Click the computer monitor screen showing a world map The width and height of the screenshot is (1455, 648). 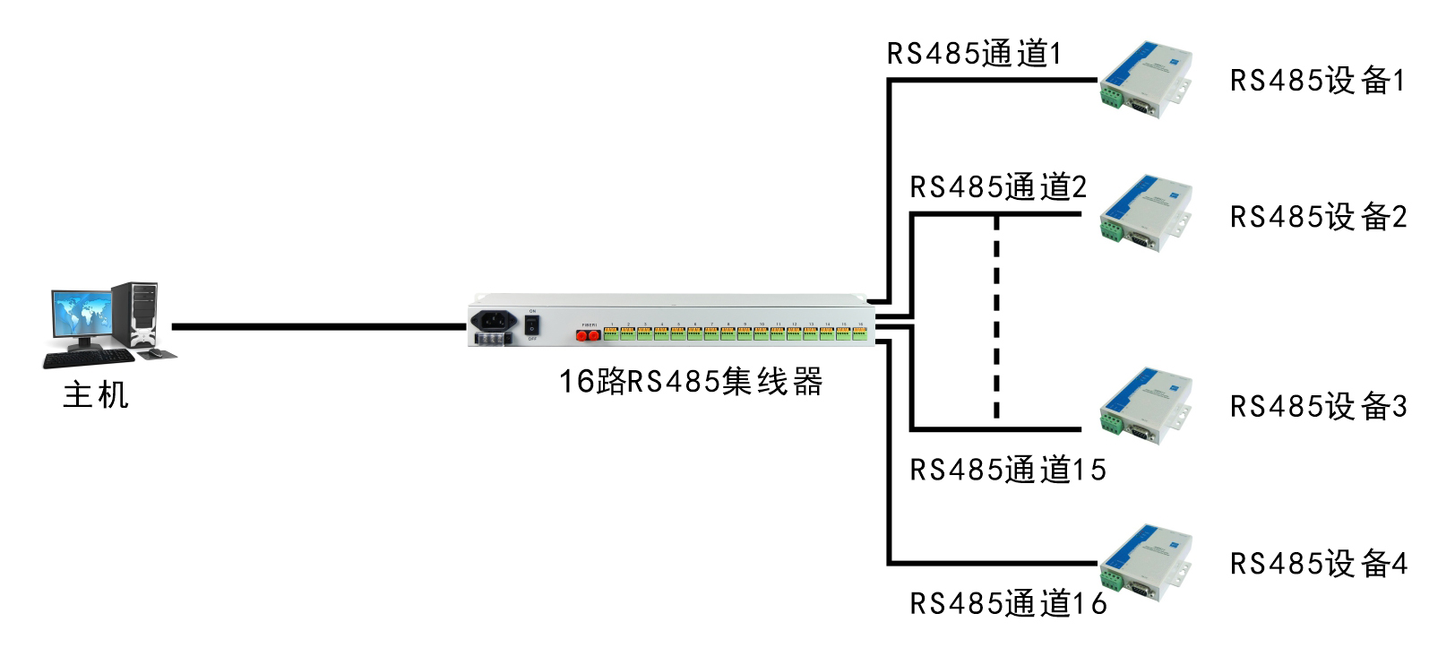click(82, 315)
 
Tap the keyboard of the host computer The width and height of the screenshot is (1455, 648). click(88, 359)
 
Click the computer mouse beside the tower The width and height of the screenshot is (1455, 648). click(155, 353)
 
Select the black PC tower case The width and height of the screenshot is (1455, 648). click(137, 314)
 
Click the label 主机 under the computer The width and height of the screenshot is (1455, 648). click(96, 395)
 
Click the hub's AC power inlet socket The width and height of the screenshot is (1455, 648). click(494, 320)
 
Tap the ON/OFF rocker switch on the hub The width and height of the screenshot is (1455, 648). click(531, 324)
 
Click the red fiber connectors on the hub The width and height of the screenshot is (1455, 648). click(587, 335)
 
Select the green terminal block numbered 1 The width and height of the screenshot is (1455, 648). click(611, 333)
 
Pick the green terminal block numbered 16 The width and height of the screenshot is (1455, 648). click(860, 333)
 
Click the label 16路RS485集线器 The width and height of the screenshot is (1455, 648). click(691, 382)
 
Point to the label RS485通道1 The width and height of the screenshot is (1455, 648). click(974, 54)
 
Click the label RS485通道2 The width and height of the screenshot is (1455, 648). click(998, 187)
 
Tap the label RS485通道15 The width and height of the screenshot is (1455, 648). click(1008, 470)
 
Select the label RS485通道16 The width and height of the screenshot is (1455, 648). click(1008, 603)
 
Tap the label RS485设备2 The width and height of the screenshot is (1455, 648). click(1318, 217)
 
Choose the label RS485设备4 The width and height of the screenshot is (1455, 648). click(1318, 564)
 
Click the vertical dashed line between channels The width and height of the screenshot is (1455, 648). click(996, 318)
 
